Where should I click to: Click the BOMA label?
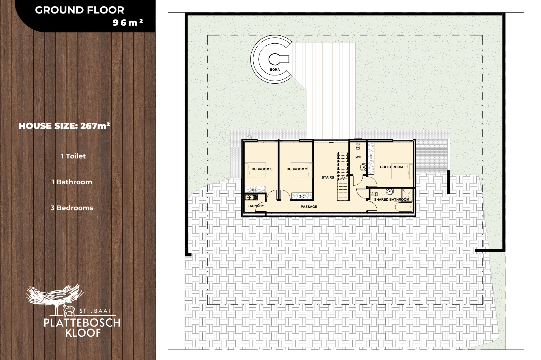[275, 70]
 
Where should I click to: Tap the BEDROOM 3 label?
[262, 169]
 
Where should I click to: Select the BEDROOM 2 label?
[297, 169]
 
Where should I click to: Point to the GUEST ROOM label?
[391, 167]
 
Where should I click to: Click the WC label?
[358, 157]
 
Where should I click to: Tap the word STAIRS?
[328, 177]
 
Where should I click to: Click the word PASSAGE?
[309, 207]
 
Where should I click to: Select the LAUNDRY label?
[256, 206]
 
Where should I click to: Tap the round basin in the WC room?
[362, 167]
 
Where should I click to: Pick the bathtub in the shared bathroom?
[403, 207]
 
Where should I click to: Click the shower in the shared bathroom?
[407, 195]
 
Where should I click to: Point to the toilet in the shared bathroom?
[374, 194]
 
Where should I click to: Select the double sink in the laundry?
[251, 198]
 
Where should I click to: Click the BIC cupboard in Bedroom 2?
[302, 196]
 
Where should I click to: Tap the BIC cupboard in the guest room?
[371, 158]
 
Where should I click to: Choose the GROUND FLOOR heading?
[80, 10]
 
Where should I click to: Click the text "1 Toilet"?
[73, 156]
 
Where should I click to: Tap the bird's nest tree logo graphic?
[55, 299]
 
